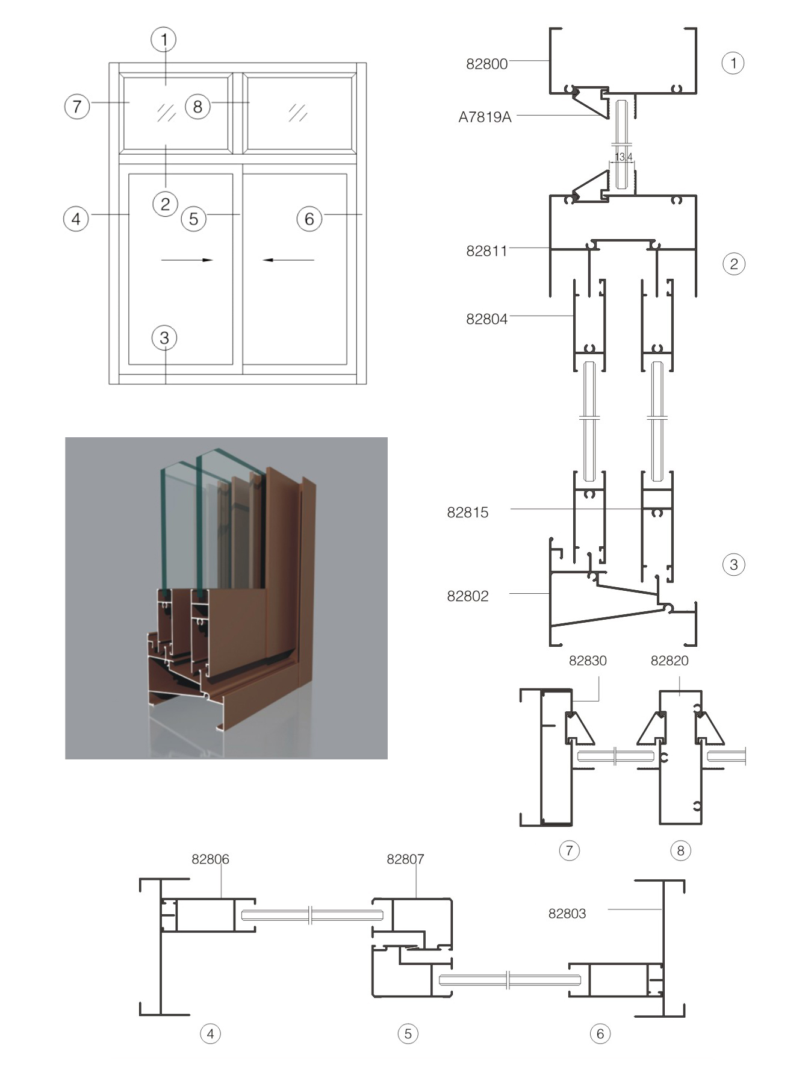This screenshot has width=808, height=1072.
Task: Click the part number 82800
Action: click(486, 64)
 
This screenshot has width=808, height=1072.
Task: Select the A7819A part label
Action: click(485, 117)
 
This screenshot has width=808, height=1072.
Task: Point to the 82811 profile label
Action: click(486, 251)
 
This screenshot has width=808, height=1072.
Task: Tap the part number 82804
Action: click(486, 319)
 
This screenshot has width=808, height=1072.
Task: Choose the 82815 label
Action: click(467, 513)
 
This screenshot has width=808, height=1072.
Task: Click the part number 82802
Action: click(467, 596)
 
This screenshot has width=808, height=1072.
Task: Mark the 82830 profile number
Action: click(588, 661)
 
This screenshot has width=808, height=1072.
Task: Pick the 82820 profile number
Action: click(669, 661)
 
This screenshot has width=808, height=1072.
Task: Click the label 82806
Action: click(210, 859)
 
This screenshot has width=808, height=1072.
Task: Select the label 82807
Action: click(405, 859)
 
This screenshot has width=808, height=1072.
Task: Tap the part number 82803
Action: click(567, 914)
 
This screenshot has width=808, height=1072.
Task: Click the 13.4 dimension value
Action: click(623, 157)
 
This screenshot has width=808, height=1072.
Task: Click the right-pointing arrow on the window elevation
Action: click(187, 260)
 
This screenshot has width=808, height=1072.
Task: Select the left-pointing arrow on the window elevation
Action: click(288, 260)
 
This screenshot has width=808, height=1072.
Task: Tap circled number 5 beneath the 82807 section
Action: click(408, 1034)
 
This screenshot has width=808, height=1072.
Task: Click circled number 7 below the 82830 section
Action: click(569, 850)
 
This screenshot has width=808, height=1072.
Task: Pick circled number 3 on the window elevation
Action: click(164, 338)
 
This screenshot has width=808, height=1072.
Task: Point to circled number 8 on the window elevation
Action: click(197, 107)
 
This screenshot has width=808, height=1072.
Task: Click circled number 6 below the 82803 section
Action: click(600, 1034)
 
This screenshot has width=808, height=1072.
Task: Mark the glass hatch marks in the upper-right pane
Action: click(297, 113)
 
